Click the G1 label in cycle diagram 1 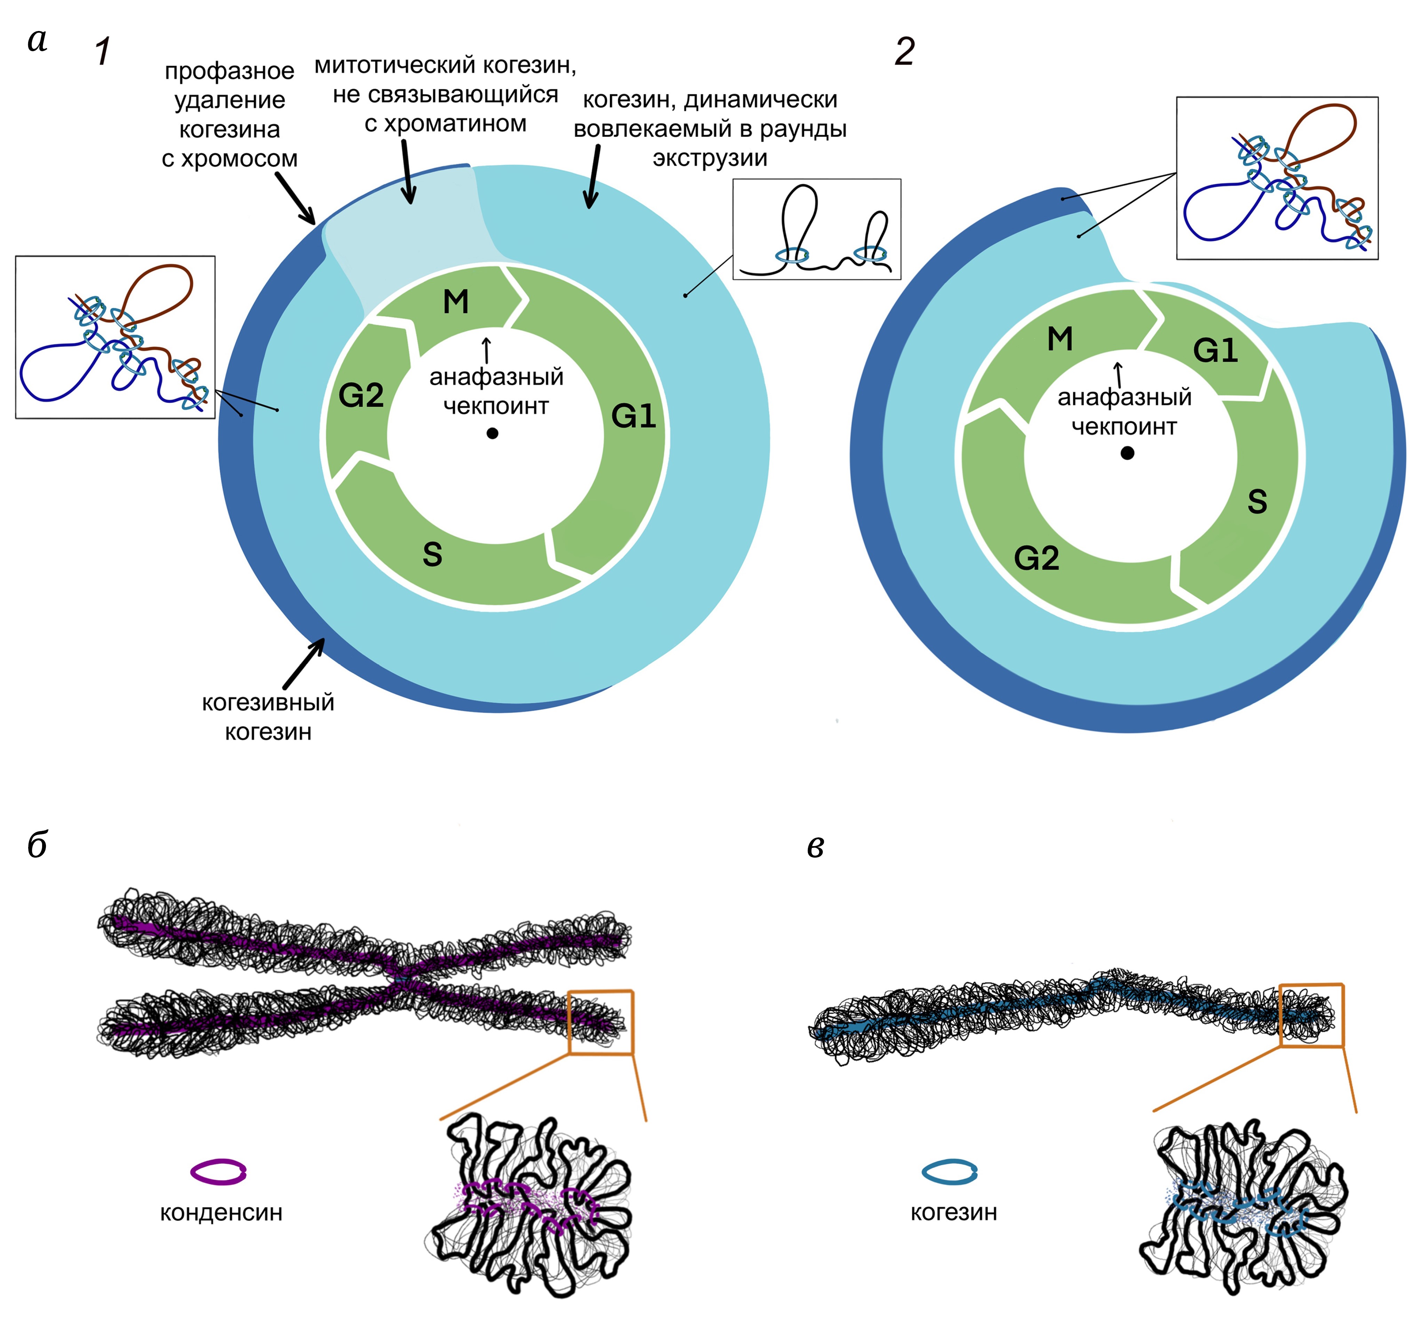click(633, 416)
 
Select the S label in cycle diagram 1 click(432, 554)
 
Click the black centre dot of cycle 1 click(492, 433)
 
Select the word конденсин click(221, 1212)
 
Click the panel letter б click(37, 845)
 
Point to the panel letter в click(815, 846)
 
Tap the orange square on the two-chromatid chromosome click(601, 1022)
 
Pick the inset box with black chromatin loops click(817, 229)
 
